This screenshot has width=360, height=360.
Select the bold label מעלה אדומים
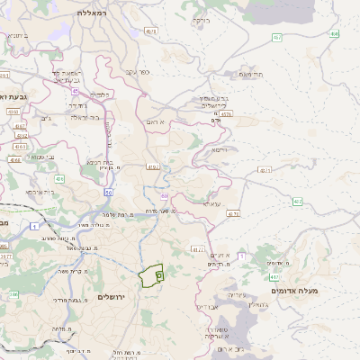click(300, 291)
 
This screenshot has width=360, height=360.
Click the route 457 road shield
click(277, 37)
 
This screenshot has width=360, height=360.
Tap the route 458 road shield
click(334, 33)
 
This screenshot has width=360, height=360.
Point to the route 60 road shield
click(108, 192)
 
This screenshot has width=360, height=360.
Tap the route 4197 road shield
click(152, 166)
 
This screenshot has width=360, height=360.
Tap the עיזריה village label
click(237, 294)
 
